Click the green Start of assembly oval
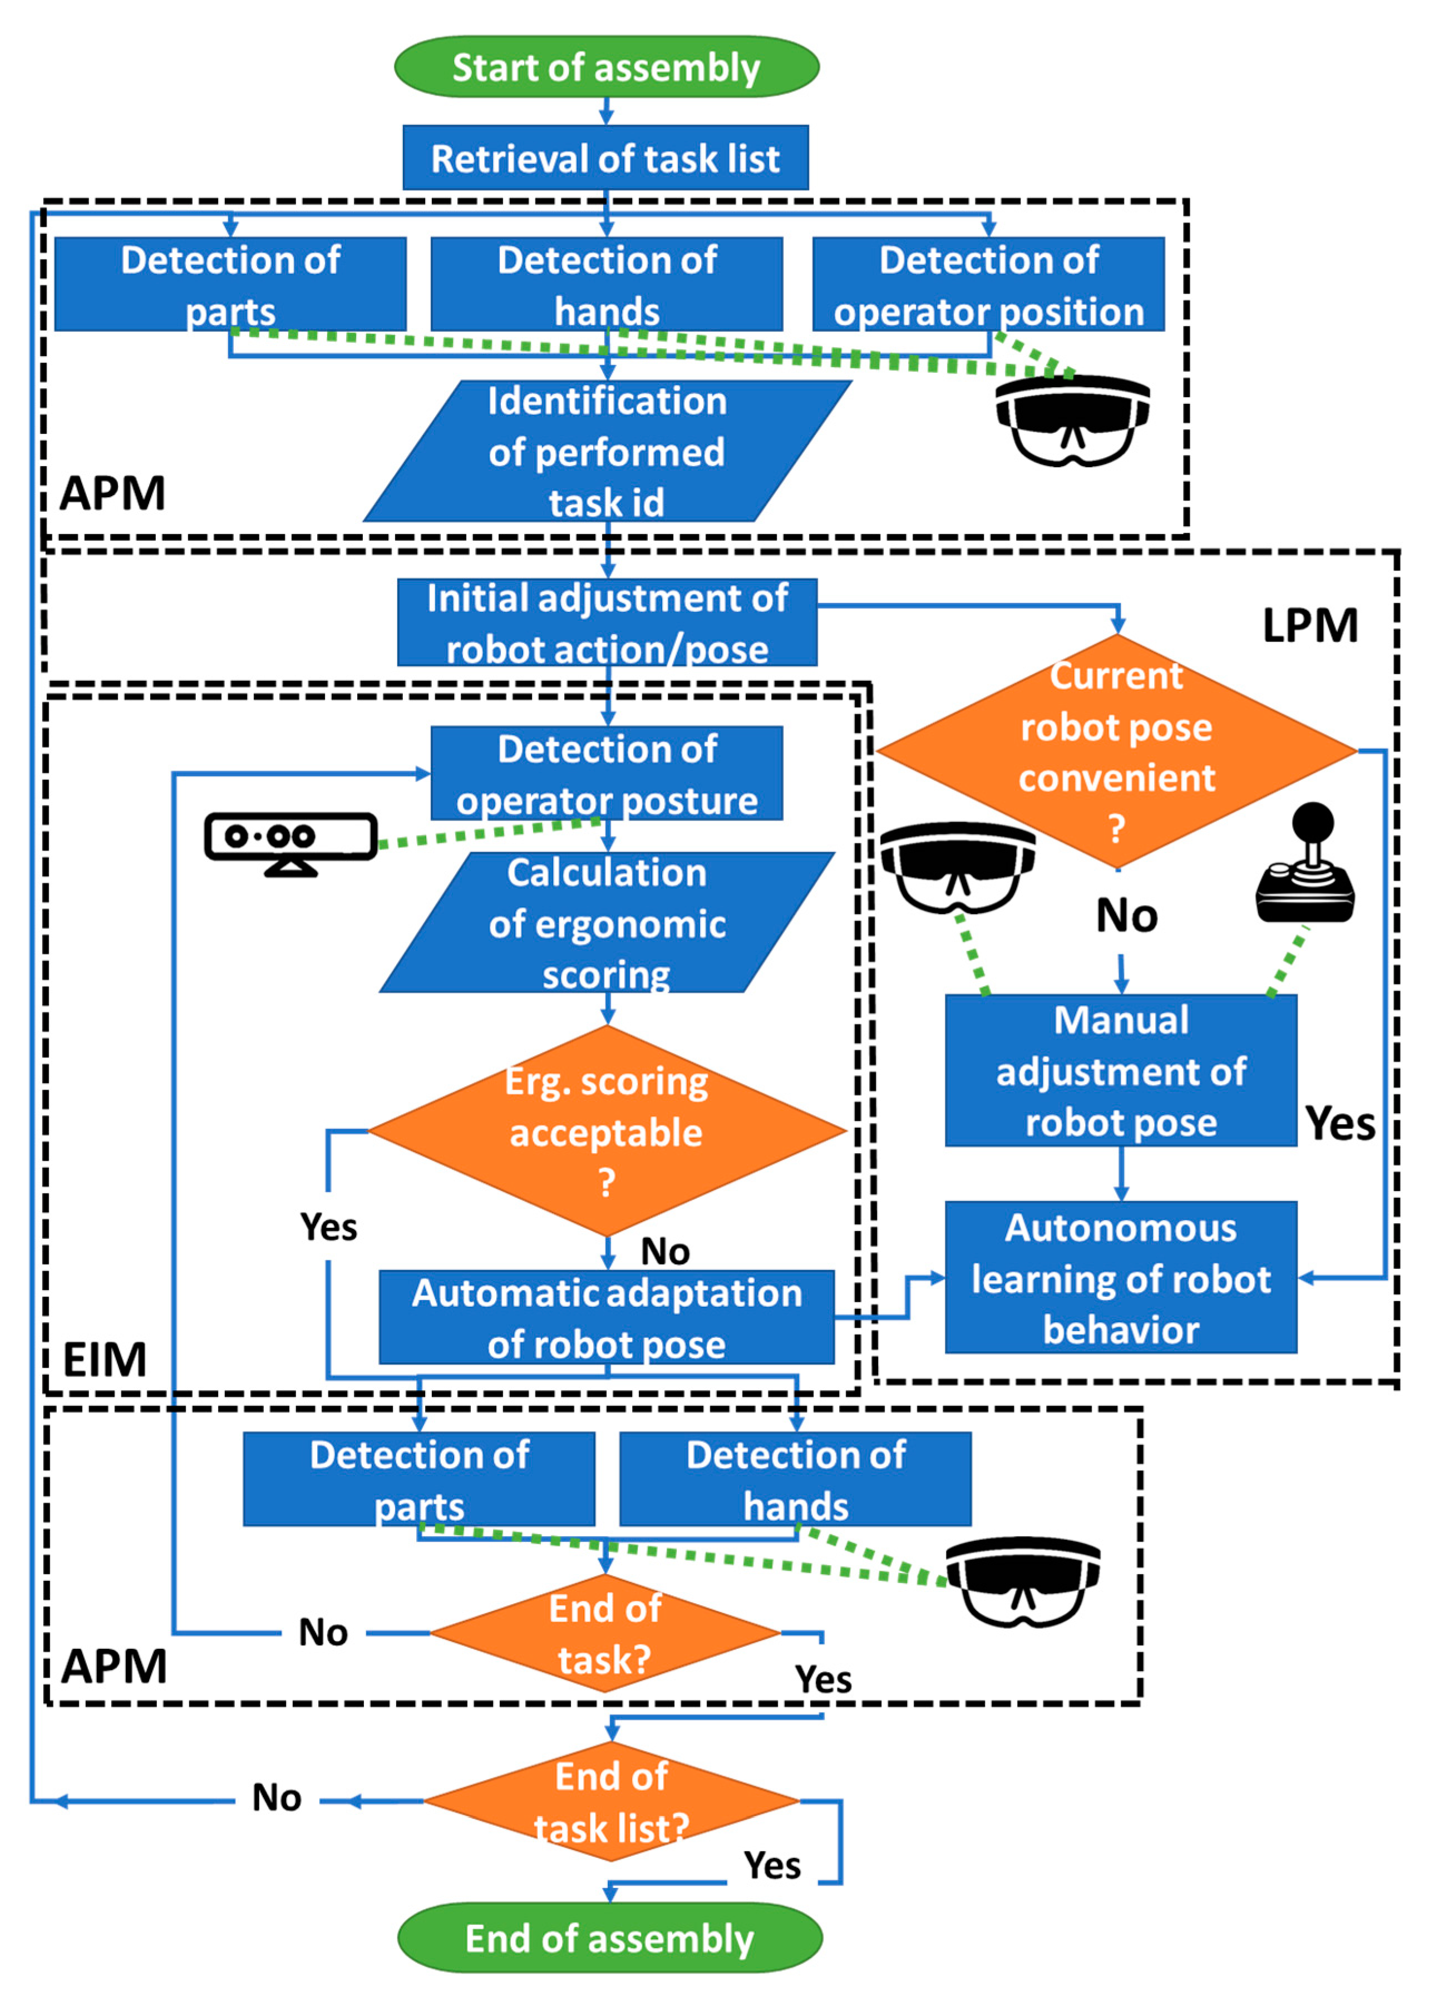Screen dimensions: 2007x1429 607,67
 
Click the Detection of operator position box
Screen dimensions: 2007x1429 988,284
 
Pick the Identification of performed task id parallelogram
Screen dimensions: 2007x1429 607,451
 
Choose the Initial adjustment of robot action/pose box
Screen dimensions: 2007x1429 607,622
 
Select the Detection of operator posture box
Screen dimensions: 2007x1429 607,774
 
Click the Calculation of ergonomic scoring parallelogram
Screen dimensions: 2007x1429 607,923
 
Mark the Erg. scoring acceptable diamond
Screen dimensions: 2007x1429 607,1131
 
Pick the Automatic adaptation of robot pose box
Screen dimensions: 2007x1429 607,1317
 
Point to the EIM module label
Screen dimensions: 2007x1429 105,1360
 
